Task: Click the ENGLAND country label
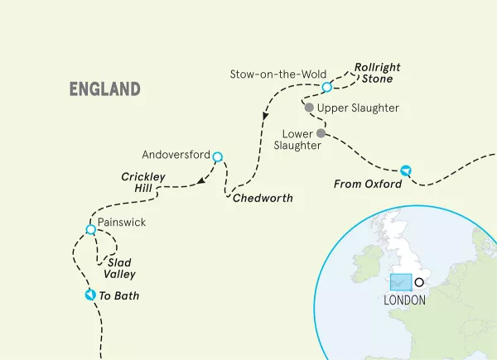(104, 89)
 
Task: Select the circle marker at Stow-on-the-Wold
(326, 87)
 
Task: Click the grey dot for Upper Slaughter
(309, 108)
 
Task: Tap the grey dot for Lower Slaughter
(320, 132)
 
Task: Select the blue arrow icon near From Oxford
(405, 170)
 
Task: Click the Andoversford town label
(176, 154)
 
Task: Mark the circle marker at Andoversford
(217, 156)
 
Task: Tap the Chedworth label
(263, 199)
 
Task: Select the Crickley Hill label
(143, 183)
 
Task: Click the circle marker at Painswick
(90, 229)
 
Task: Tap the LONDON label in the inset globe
(404, 300)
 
